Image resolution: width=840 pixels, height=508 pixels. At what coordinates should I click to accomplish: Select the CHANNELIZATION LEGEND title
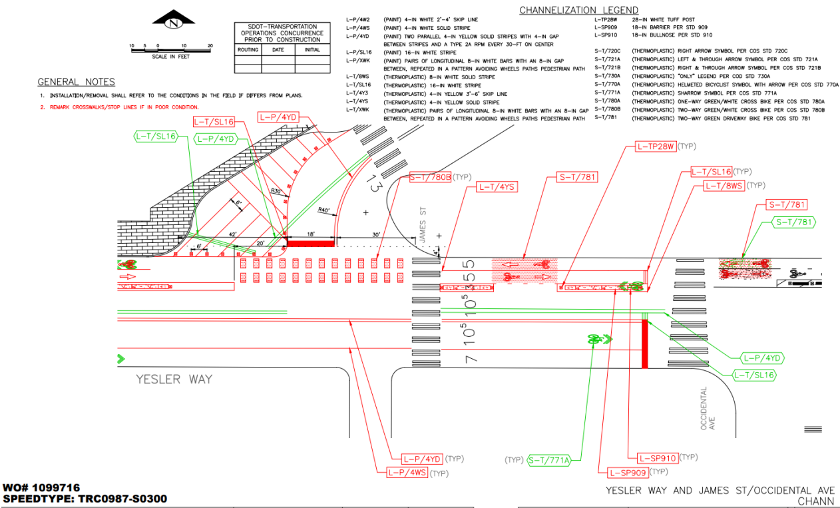(x=578, y=10)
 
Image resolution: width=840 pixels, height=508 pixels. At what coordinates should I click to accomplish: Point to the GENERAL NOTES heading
(x=76, y=82)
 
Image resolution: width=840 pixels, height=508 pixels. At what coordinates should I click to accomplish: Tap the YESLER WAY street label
(x=174, y=379)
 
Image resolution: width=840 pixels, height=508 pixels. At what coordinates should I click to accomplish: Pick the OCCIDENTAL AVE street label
(x=707, y=409)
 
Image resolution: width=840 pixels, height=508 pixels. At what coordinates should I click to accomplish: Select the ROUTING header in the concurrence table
(x=248, y=50)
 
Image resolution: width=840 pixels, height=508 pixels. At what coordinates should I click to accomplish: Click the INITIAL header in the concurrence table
(x=312, y=50)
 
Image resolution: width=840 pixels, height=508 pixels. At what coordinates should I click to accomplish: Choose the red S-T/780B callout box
(x=430, y=177)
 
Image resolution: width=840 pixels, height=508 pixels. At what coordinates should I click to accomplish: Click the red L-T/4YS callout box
(x=497, y=187)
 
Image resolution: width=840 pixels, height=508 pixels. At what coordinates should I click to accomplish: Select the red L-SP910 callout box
(x=658, y=458)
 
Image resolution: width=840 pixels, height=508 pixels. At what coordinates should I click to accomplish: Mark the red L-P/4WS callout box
(x=408, y=473)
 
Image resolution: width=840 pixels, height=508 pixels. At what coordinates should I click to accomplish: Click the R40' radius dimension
(x=324, y=211)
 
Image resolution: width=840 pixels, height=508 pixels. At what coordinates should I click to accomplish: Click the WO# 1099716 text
(x=42, y=487)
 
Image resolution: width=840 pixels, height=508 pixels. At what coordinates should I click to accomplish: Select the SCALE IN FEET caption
(x=170, y=57)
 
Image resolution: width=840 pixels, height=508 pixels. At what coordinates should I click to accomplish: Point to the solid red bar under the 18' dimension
(x=310, y=242)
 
